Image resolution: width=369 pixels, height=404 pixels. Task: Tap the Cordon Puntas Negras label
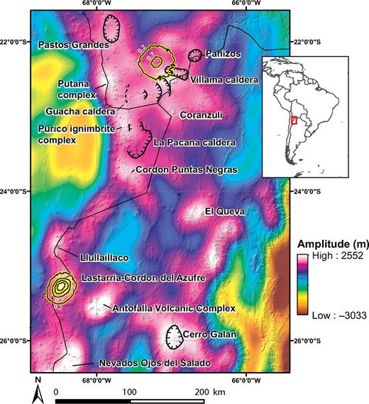184,170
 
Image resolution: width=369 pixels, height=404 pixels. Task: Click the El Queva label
224,211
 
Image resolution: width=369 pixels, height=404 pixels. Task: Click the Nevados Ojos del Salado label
154,364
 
